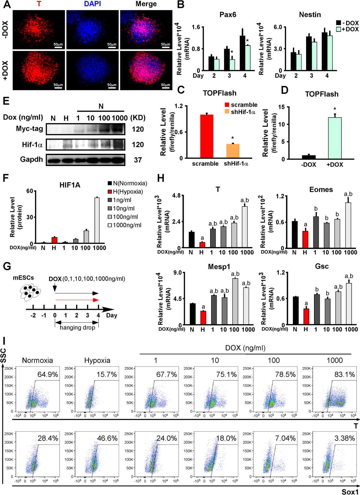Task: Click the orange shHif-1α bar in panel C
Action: [x=233, y=151]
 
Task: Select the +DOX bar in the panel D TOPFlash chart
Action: [x=334, y=138]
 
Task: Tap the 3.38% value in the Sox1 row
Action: [x=345, y=438]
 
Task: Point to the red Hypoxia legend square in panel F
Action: [x=110, y=192]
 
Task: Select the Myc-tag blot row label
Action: [x=29, y=129]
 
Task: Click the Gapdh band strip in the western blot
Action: [x=85, y=160]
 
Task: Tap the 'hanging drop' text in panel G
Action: [x=77, y=327]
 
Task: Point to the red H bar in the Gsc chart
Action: [x=306, y=316]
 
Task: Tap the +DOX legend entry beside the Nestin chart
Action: [x=347, y=29]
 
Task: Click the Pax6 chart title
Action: [x=228, y=15]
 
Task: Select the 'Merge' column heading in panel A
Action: [x=146, y=4]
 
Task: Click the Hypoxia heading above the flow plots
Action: [x=97, y=360]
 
